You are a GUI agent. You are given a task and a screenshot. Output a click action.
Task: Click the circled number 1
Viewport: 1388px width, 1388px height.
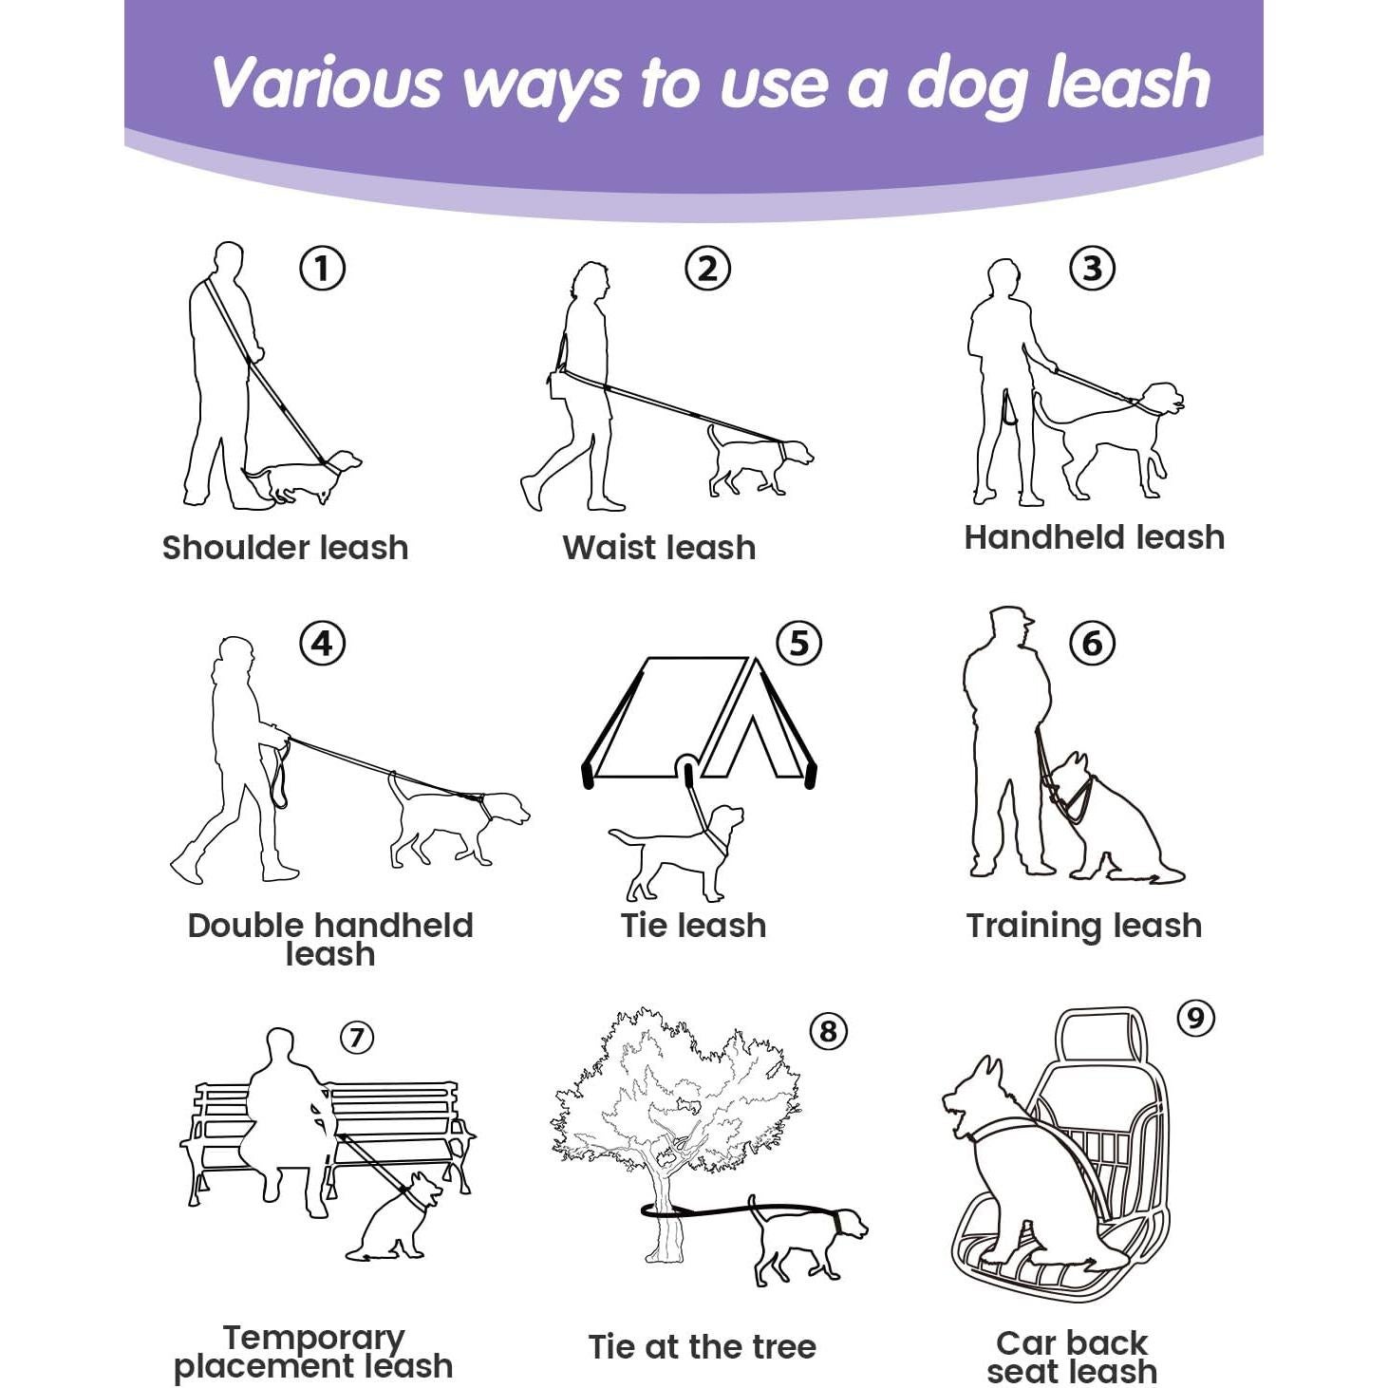[322, 269]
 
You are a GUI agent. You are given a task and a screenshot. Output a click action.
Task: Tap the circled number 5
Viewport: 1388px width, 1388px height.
[798, 644]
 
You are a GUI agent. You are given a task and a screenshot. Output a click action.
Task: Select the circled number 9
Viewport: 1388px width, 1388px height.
[1195, 1019]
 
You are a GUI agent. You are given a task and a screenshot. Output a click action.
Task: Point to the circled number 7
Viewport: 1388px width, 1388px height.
[357, 1038]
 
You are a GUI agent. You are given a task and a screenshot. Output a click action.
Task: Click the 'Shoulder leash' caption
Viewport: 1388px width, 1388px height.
[285, 548]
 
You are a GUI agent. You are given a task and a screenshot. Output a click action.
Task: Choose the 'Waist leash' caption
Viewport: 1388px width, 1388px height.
[659, 548]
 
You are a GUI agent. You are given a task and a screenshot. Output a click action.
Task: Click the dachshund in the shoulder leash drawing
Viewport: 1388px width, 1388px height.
[303, 476]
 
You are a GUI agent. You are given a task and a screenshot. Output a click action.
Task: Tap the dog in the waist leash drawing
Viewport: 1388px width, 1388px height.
[760, 461]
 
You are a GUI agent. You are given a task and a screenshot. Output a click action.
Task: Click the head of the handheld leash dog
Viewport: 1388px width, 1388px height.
[1162, 400]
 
